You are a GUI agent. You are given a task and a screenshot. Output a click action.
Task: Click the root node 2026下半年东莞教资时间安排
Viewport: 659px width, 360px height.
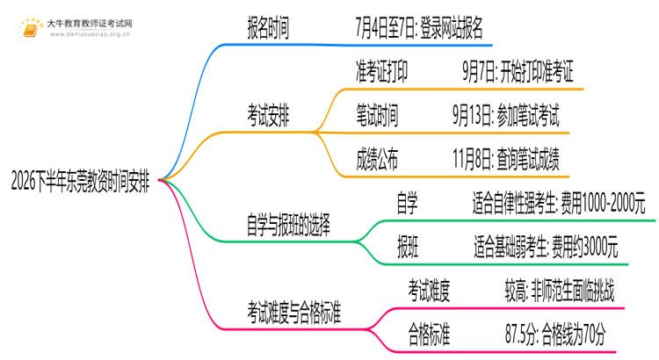pos(80,181)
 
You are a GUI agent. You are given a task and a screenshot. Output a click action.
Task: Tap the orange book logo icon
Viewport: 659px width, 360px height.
pos(31,28)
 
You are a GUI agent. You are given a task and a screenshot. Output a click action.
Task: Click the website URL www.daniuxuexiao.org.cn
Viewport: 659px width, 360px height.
pos(90,34)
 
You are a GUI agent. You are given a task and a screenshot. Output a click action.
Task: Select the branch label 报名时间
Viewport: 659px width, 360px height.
pos(268,28)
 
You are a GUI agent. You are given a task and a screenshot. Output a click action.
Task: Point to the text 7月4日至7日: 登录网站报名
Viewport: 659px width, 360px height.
pos(418,28)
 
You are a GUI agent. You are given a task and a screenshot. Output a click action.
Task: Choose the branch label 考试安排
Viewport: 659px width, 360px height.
pos(268,116)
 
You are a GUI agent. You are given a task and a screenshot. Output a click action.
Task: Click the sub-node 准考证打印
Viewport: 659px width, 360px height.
pos(381,71)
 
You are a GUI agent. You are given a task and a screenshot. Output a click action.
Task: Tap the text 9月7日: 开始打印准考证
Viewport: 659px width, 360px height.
pos(518,71)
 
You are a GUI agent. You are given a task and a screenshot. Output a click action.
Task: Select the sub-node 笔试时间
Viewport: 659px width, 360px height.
pos(377,116)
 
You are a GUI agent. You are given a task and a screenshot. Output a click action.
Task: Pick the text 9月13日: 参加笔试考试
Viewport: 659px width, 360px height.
pos(505,116)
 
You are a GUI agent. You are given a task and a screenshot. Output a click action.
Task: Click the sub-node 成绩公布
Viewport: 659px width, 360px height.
pos(377,160)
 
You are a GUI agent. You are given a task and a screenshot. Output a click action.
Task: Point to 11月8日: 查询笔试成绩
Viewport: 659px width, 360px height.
pos(505,160)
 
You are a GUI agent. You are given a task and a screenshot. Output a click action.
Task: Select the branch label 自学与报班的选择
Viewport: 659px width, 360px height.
pos(288,225)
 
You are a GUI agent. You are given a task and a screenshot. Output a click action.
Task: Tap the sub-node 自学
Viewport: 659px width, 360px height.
pos(407,204)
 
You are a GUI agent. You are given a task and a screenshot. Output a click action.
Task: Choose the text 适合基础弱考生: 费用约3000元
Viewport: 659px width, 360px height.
pos(546,247)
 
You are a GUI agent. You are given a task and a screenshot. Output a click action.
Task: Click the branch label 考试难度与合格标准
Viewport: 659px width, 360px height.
pos(293,313)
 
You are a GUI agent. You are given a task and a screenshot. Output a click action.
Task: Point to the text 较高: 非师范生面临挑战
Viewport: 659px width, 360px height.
pos(560,291)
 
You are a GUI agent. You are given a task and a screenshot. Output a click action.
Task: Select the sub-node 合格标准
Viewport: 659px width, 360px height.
pos(429,335)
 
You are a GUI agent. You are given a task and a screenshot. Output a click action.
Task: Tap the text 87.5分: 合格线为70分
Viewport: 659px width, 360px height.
pos(555,335)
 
